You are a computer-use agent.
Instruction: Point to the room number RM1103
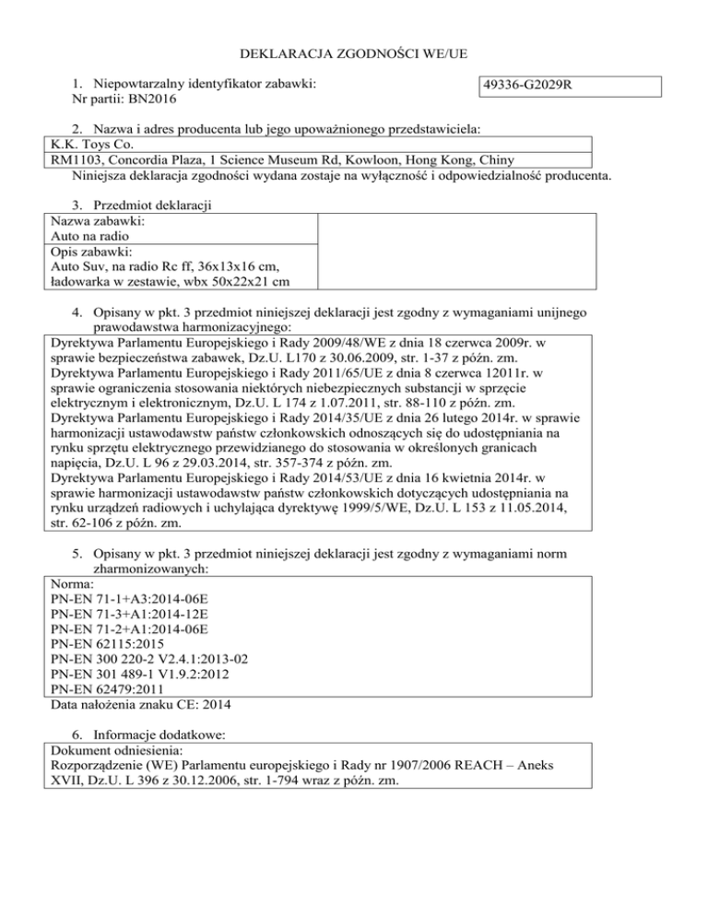pyautogui.click(x=77, y=159)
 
